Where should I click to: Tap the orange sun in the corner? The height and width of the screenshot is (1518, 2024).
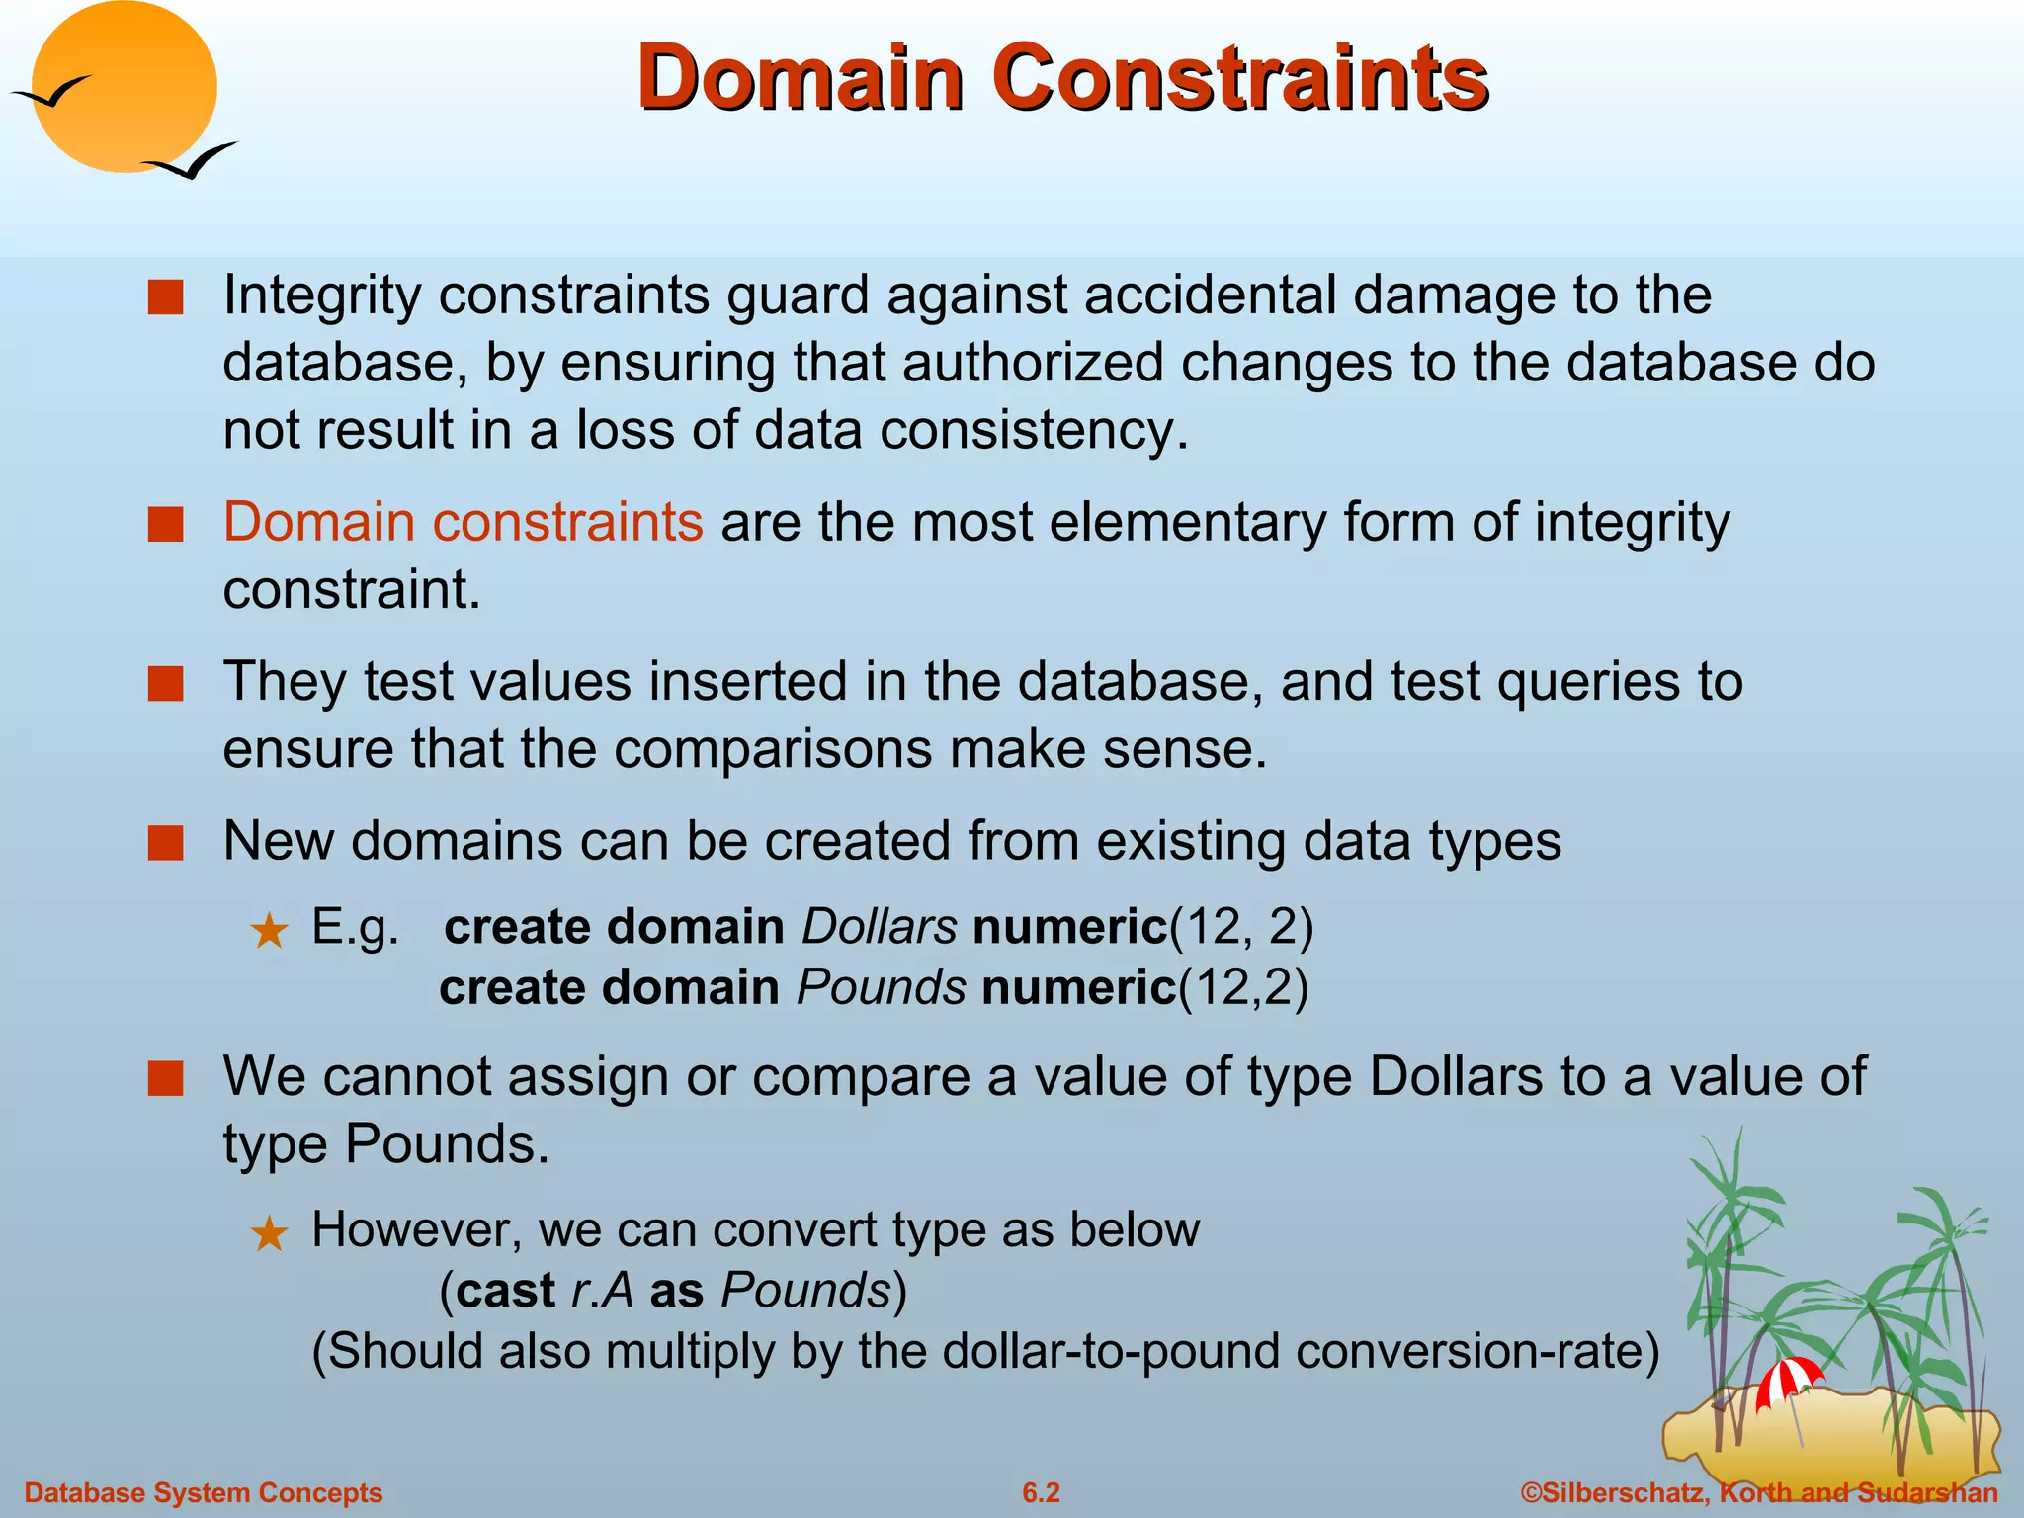[x=124, y=87]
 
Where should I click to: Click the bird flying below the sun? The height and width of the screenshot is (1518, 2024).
[x=193, y=161]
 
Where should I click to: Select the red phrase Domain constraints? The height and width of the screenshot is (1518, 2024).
[x=463, y=522]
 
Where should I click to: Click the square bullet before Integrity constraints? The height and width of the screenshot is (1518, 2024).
[x=165, y=296]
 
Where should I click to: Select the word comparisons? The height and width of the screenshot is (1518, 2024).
[x=772, y=748]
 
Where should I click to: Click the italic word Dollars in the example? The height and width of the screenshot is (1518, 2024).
[x=879, y=927]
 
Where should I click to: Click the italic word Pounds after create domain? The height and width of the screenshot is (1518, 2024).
[x=881, y=987]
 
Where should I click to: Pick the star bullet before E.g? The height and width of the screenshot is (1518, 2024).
[x=269, y=931]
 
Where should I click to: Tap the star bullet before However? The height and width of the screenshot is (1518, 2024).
[x=269, y=1233]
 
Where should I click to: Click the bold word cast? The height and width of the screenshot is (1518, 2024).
[x=506, y=1291]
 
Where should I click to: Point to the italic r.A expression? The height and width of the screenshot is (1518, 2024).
[x=602, y=1291]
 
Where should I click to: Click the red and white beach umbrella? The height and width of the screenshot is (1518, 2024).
[x=1789, y=1380]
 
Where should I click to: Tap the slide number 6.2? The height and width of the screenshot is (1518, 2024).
[x=1041, y=1492]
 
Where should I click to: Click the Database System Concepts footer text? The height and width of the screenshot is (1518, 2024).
[x=203, y=1492]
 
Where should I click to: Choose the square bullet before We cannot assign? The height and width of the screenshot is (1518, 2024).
[x=165, y=1079]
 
